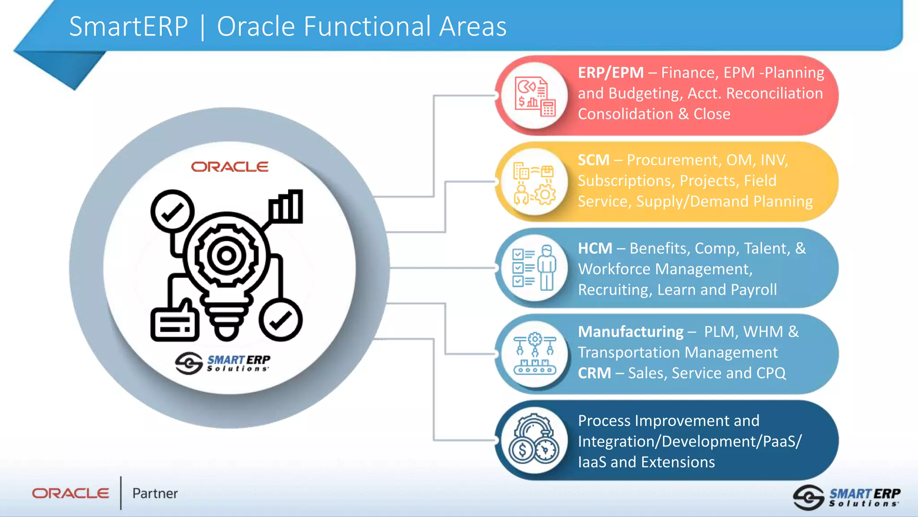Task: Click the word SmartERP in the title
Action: (129, 26)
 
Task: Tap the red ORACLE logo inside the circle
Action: (229, 167)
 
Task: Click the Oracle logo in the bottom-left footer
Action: (70, 493)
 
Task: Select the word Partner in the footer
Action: (155, 494)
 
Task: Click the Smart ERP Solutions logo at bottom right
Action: (846, 497)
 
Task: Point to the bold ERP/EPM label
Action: (611, 73)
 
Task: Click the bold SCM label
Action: (593, 160)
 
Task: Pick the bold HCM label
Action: (595, 248)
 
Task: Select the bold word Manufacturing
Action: (630, 332)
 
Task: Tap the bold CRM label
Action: (594, 373)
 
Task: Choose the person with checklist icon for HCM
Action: (534, 268)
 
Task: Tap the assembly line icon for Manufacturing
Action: (534, 354)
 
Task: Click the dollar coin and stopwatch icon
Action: (533, 440)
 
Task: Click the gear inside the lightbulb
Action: (226, 256)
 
